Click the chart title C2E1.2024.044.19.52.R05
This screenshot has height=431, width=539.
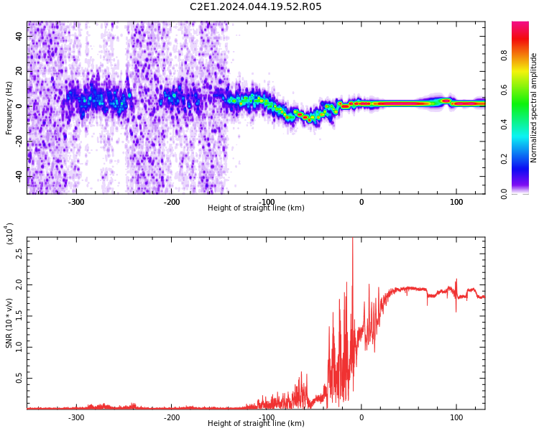click(x=255, y=6)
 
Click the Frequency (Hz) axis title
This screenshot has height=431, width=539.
click(x=9, y=108)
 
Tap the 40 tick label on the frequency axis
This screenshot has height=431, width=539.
click(x=19, y=36)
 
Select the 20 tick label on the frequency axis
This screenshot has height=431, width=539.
click(x=19, y=71)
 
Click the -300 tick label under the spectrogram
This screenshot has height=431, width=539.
click(x=76, y=202)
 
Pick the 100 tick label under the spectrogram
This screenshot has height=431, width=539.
click(x=456, y=202)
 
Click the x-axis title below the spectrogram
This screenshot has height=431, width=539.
click(x=256, y=208)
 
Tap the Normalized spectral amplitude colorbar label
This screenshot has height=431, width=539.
click(x=533, y=108)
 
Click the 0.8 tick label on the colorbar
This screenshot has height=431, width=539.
click(x=504, y=55)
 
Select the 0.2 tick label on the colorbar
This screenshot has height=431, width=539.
click(x=504, y=159)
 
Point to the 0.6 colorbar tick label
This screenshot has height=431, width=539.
click(x=504, y=90)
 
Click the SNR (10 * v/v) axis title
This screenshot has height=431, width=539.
click(x=9, y=323)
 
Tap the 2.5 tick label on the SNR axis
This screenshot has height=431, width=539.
click(x=19, y=254)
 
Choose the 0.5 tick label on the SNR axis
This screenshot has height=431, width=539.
click(x=19, y=378)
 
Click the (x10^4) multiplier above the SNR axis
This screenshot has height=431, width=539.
click(x=9, y=233)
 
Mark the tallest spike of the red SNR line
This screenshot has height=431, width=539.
click(x=352, y=238)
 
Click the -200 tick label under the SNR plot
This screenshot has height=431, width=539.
click(x=172, y=417)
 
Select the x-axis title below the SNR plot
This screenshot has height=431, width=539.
click(x=256, y=423)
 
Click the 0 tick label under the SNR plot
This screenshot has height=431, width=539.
click(x=361, y=417)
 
